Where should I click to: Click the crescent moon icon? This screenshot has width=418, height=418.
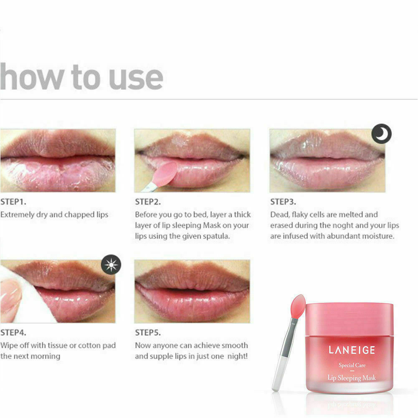coord(382,134)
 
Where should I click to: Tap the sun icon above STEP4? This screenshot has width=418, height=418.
coord(111,265)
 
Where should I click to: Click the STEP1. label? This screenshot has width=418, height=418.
coord(13,202)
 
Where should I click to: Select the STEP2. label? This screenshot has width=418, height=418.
coord(148,202)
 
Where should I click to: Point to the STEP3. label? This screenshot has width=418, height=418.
coord(283,202)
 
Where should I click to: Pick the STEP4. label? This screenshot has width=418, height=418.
coord(13,332)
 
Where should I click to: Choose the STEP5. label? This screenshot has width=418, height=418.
coord(148,332)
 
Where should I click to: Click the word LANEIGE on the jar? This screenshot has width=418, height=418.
coord(352,350)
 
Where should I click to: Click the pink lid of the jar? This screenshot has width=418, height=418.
coord(350,319)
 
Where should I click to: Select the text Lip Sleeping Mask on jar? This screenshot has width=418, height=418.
coord(352,378)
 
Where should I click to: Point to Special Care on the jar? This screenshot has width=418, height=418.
coord(352,365)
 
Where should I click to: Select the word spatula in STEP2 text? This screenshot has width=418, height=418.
coord(216,236)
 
